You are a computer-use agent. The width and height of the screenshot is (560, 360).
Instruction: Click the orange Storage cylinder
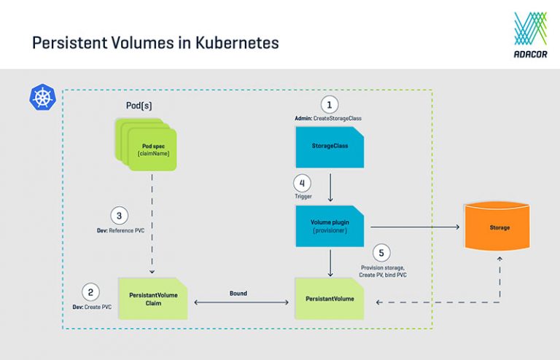[x=500, y=227]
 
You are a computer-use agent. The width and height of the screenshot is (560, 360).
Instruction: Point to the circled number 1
[x=331, y=104]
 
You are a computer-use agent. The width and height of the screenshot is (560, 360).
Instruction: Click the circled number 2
[x=90, y=293]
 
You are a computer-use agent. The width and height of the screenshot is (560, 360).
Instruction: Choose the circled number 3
[x=119, y=216]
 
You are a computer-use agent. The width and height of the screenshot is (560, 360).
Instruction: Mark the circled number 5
[x=381, y=254]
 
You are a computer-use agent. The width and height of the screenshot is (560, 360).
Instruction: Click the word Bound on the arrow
[x=238, y=293]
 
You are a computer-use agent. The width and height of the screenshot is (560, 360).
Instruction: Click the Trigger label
[x=303, y=196]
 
